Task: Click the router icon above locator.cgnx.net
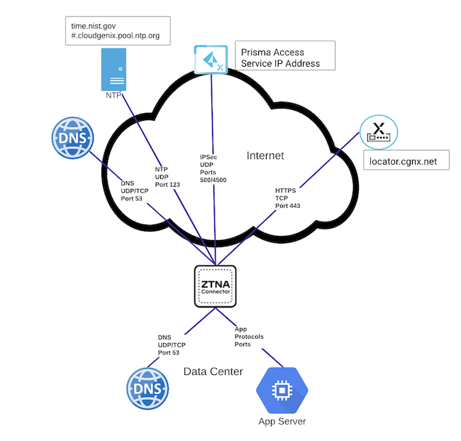[378, 133]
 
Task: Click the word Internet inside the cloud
[265, 156]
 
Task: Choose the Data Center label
[213, 371]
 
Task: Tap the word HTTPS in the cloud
[287, 190]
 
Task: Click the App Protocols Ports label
[249, 337]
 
